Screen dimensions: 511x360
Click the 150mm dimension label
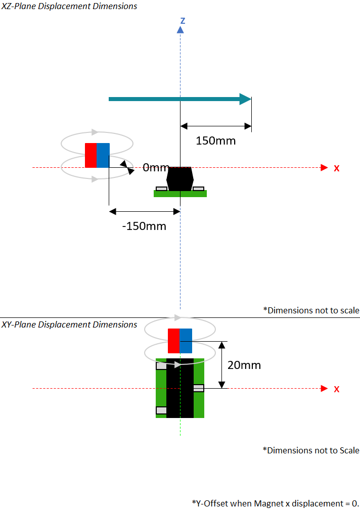pos(215,141)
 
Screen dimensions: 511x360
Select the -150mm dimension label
pos(144,226)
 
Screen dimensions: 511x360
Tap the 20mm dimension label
pos(244,364)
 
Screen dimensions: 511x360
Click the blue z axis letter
pos(183,21)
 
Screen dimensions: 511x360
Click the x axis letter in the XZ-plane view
pos(337,168)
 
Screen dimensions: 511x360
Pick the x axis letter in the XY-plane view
pos(337,389)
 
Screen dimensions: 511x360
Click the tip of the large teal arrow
pos(250,99)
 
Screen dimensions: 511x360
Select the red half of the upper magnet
pos(91,155)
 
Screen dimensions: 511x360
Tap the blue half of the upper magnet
pos(103,155)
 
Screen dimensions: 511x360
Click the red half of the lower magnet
pos(173,341)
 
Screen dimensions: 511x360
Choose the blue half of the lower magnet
pos(186,341)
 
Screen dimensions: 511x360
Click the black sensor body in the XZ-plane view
pos(180,178)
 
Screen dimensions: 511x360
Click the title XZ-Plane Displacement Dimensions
pos(69,7)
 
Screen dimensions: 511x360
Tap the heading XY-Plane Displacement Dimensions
pos(69,324)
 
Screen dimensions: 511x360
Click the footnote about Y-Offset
pos(276,503)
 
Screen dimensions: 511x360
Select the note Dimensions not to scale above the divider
pos(311,310)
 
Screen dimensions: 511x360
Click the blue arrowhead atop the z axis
pos(180,30)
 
